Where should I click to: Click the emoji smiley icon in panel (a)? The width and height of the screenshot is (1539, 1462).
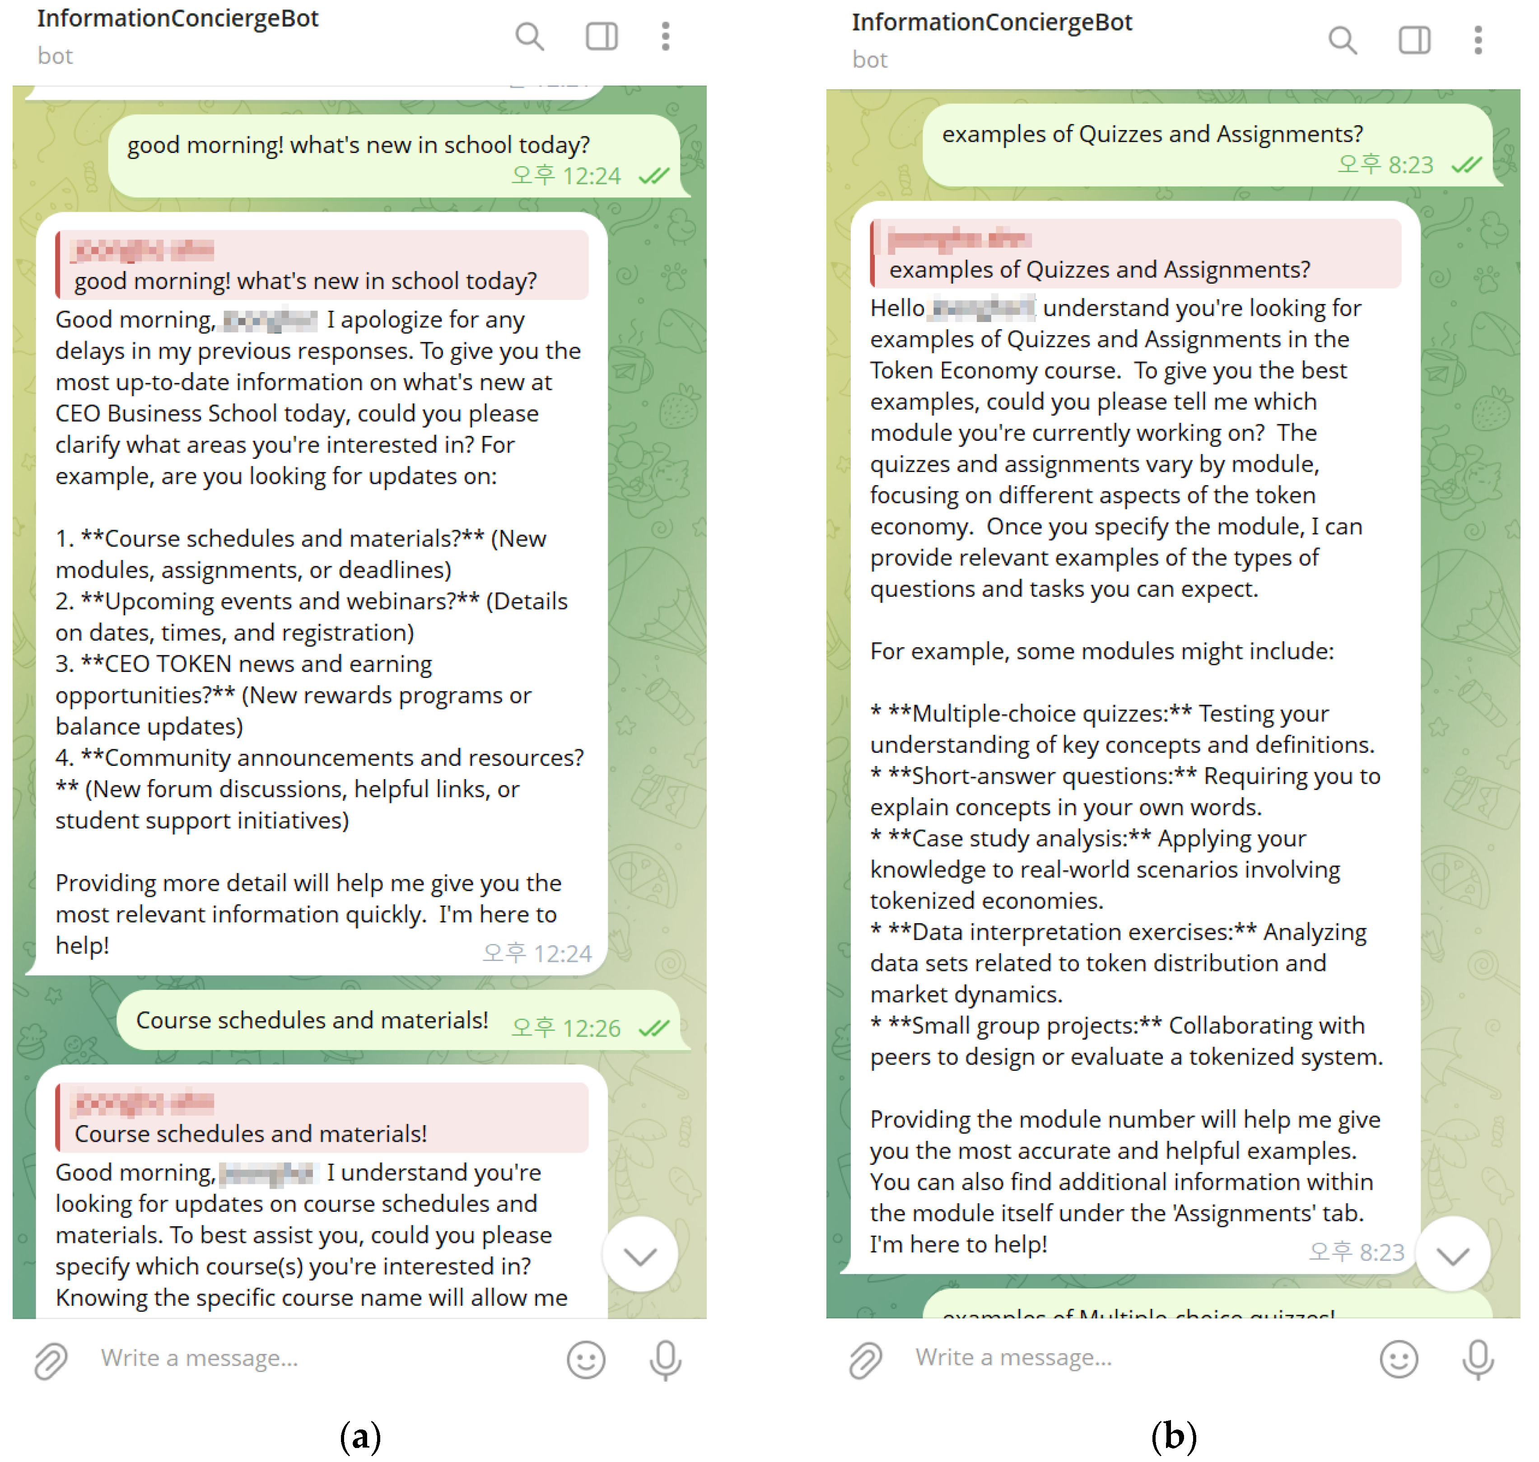tap(585, 1360)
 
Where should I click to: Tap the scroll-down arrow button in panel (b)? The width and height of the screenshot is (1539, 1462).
tap(1452, 1255)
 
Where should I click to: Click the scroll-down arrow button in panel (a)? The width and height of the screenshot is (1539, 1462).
tap(640, 1255)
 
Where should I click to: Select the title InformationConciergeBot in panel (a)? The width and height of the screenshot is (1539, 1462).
tap(177, 18)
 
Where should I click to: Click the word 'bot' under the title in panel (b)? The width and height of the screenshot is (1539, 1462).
tap(870, 60)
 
